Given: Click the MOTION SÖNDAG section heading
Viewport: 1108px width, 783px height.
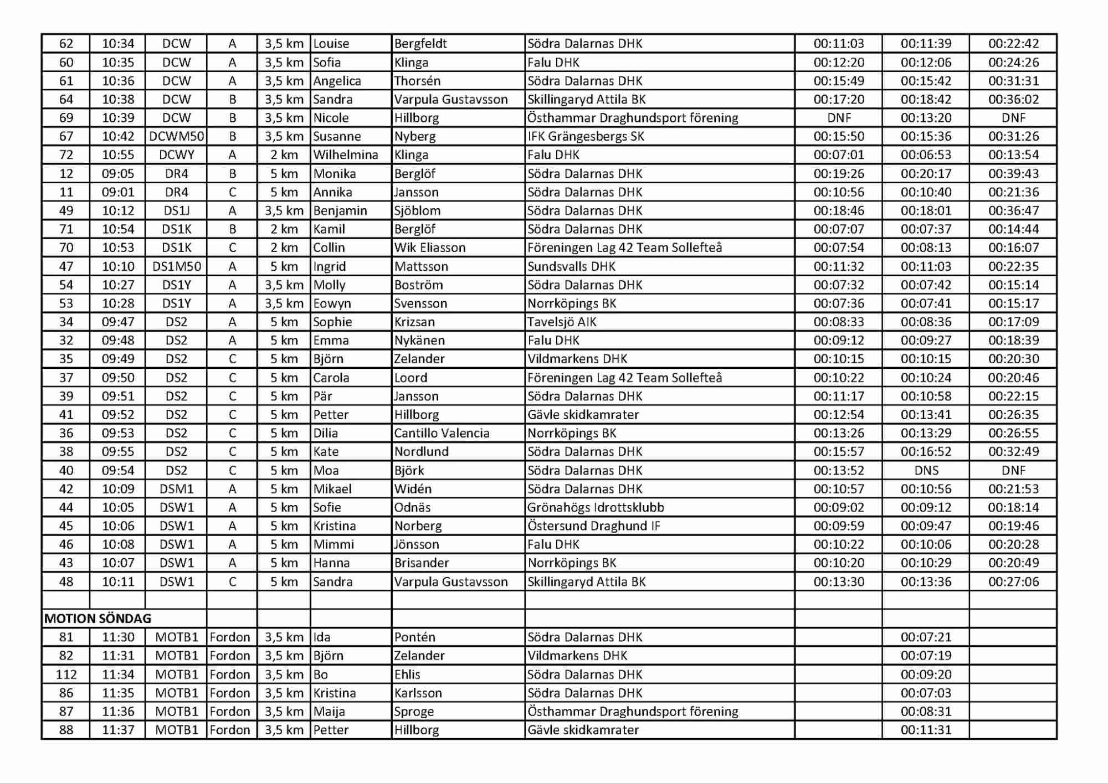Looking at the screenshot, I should pos(98,619).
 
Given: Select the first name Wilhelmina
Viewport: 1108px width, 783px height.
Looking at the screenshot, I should pos(345,155).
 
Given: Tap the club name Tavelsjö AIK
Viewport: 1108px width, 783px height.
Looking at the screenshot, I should pos(562,322).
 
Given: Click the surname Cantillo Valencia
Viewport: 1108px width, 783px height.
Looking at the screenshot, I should pos(442,433).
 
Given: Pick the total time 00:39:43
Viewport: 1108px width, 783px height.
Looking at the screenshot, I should pos(1013,174).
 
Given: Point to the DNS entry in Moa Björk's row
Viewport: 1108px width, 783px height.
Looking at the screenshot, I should pos(926,471).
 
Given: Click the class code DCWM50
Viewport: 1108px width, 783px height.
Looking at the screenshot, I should pos(176,136).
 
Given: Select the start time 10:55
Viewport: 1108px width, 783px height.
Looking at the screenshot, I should pos(118,155).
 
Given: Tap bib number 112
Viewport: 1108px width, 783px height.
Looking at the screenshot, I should pos(66,674).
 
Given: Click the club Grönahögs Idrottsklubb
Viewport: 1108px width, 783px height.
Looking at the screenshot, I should pos(596,507).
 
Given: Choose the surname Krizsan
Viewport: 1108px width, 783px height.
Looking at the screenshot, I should pos(414,322).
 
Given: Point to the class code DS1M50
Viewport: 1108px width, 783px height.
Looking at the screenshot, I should pos(176,266).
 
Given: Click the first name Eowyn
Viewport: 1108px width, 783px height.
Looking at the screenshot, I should pos(332,303).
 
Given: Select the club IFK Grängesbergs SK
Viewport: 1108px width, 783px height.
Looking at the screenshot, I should pos(586,136).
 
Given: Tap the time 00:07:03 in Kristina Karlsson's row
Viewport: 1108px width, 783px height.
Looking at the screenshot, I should pos(926,693).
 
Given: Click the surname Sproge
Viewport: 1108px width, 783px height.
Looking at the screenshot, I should pos(414,712).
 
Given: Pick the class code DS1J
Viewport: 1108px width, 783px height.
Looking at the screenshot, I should pos(176,211).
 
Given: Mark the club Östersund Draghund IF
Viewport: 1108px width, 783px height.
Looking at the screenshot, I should pos(593,526).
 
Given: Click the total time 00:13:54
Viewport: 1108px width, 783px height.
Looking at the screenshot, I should pos(1013,155).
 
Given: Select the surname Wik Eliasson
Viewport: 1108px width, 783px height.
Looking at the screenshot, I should pos(429,248).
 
